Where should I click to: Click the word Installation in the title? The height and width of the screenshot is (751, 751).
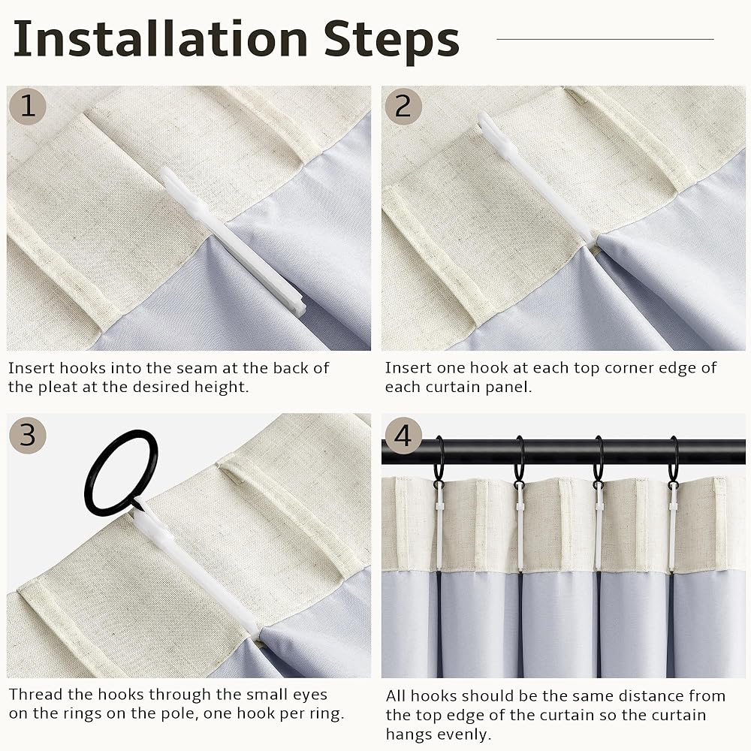(x=161, y=38)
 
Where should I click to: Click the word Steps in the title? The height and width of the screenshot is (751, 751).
(x=391, y=41)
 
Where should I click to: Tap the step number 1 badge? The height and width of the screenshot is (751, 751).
(x=28, y=106)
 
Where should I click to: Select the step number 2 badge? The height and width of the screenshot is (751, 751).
(x=403, y=106)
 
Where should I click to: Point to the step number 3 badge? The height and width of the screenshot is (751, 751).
(x=28, y=435)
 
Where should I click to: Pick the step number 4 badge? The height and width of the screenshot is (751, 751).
(x=403, y=436)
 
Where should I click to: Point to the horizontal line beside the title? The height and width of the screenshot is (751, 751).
(x=605, y=39)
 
